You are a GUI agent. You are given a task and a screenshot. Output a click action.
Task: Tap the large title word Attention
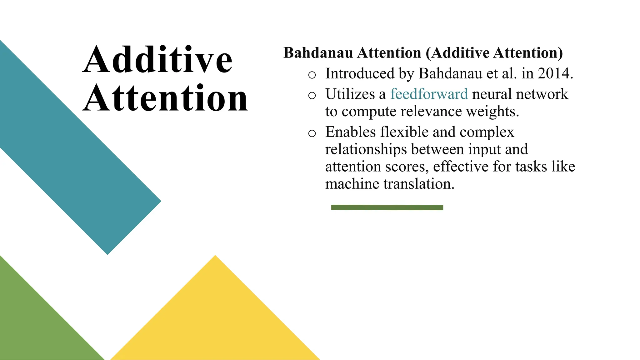click(x=166, y=98)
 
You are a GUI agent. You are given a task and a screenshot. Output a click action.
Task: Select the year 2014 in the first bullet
click(x=555, y=73)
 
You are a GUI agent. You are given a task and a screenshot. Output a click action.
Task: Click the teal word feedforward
click(x=429, y=94)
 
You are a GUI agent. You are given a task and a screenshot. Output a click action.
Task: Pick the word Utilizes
click(x=350, y=94)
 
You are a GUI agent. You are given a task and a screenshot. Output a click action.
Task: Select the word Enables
click(x=351, y=132)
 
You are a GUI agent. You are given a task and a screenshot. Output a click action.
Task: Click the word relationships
click(x=366, y=149)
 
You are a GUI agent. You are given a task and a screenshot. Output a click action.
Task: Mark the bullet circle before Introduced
click(x=312, y=75)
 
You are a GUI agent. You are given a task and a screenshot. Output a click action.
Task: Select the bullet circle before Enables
click(x=312, y=133)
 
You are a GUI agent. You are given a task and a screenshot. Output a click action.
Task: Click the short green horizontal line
click(x=387, y=207)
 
